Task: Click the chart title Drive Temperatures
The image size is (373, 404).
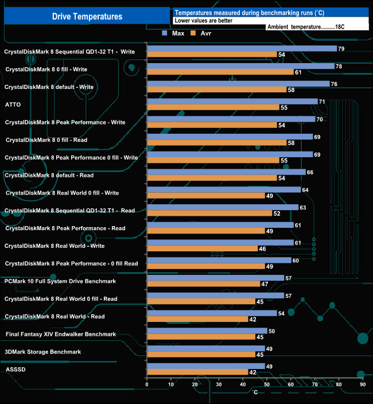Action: pos(87,17)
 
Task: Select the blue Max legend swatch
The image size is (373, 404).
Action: pos(165,33)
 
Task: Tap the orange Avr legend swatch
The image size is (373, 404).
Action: pos(193,33)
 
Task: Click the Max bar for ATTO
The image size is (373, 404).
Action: pos(232,102)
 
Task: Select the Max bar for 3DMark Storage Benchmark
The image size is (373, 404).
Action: pos(206,348)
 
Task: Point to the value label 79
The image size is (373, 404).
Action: pos(341,49)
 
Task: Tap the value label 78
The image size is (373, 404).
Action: pos(339,67)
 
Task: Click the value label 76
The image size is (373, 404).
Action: pos(335,84)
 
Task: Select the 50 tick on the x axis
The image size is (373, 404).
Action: pos(267,384)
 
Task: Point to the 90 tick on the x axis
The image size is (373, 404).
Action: pos(363,384)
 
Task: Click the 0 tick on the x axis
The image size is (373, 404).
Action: pos(147,384)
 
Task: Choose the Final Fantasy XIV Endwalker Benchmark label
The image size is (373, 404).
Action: pos(61,334)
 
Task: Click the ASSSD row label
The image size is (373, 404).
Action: pos(15,370)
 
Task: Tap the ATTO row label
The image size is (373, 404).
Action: pos(13,104)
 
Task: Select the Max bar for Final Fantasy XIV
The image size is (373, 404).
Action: pos(207,331)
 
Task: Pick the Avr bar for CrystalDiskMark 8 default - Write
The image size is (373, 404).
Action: pos(217,90)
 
